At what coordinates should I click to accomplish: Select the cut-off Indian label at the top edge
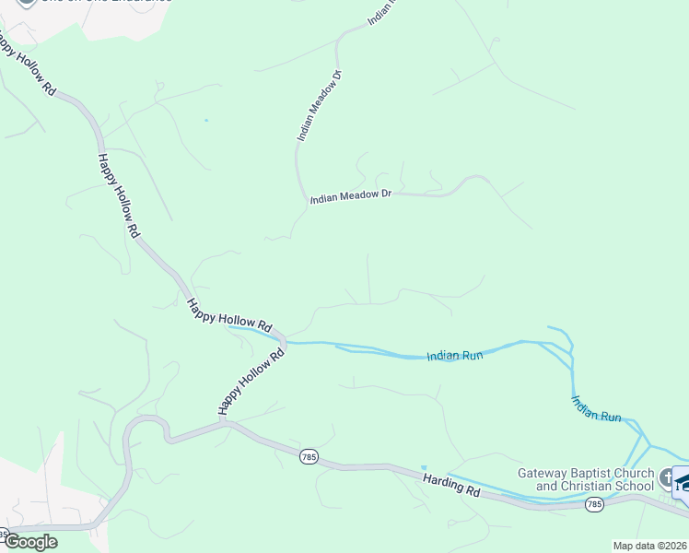(x=381, y=11)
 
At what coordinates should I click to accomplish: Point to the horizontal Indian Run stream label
(x=456, y=356)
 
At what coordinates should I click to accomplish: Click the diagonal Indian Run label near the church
(x=596, y=408)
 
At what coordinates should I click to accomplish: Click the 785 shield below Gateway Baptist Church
(x=594, y=504)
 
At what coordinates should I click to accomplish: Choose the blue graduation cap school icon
(x=683, y=483)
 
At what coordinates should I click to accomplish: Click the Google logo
(x=29, y=542)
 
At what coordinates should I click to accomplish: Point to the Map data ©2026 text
(x=649, y=546)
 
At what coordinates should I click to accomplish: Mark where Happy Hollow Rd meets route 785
(x=224, y=424)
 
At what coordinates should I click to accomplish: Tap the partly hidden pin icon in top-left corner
(x=27, y=3)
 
